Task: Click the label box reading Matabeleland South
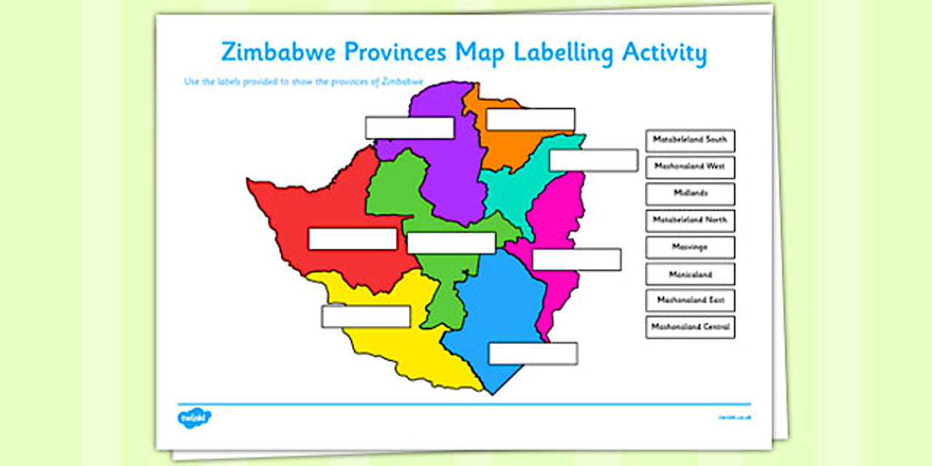coord(689,140)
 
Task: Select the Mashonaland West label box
coord(689,166)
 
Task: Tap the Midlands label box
coord(689,193)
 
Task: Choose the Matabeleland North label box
coord(689,220)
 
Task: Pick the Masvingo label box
coord(689,247)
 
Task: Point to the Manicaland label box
coord(689,274)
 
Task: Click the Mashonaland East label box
coord(689,300)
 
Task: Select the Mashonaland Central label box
coord(689,326)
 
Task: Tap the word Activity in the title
coord(664,53)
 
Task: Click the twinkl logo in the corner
coord(195,418)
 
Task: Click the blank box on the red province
coord(352,239)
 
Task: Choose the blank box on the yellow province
coord(365,317)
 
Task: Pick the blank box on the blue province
coord(533,354)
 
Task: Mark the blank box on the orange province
coord(530,119)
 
